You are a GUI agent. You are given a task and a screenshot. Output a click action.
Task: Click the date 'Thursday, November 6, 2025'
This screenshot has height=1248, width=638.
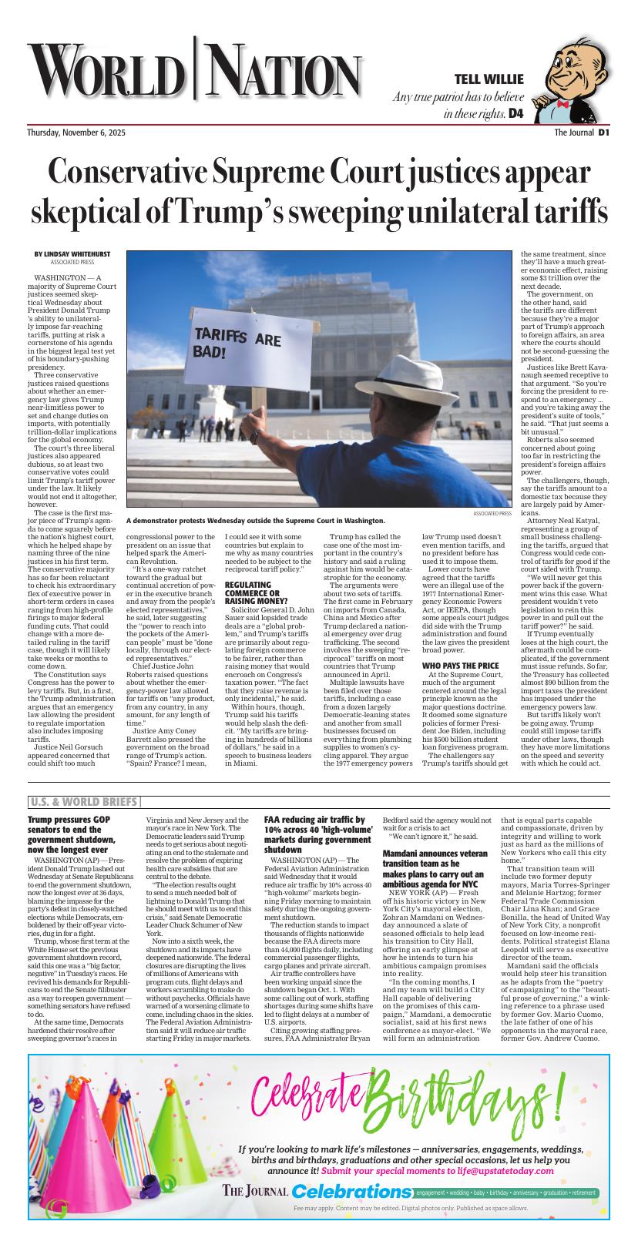tap(76, 133)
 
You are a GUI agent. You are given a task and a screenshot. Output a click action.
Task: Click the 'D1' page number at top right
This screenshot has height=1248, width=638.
tap(604, 133)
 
